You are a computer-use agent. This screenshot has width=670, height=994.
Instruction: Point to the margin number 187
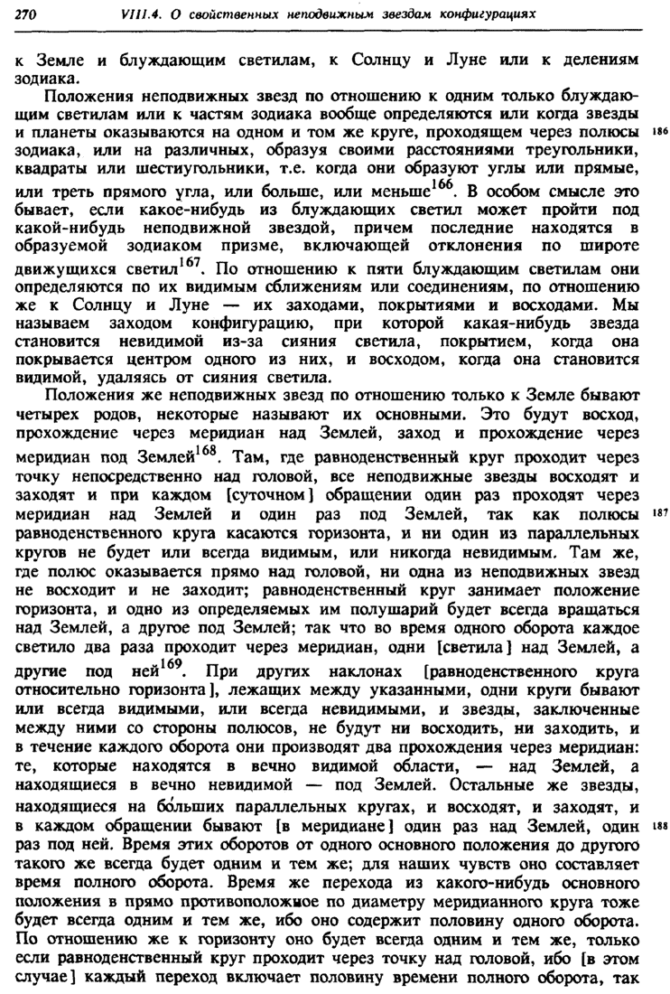[658, 511]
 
